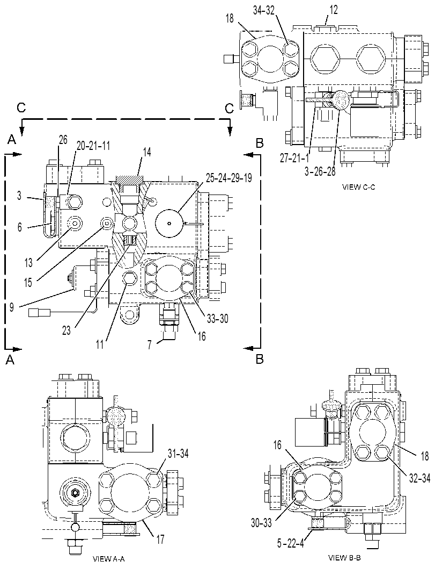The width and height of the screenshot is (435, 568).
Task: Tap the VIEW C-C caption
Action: (358, 188)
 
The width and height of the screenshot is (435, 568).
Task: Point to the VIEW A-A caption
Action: (109, 558)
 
